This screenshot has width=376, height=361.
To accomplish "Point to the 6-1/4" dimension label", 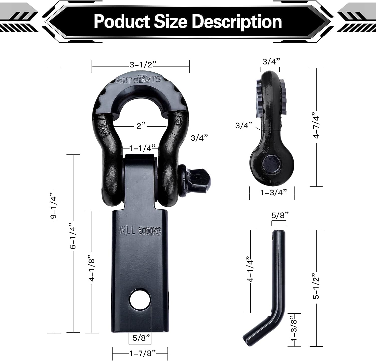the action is [x=73, y=236].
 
